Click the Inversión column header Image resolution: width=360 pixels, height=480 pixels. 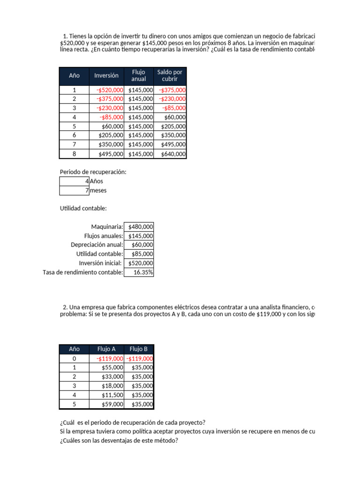[106, 75]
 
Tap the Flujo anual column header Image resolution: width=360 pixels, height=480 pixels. [139, 75]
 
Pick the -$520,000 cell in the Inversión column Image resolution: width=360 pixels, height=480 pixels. [110, 90]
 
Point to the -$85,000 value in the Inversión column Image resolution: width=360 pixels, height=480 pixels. [112, 117]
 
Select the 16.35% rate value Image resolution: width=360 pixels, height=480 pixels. [143, 272]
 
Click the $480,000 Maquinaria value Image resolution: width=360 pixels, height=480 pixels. [141, 227]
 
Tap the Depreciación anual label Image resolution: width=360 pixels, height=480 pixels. [97, 245]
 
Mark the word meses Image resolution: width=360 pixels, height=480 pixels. [98, 190]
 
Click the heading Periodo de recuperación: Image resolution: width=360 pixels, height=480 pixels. [93, 172]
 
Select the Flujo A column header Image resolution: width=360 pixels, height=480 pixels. [106, 349]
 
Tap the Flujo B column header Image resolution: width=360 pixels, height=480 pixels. [139, 349]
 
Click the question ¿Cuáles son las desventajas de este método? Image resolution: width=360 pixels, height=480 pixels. [119, 440]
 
